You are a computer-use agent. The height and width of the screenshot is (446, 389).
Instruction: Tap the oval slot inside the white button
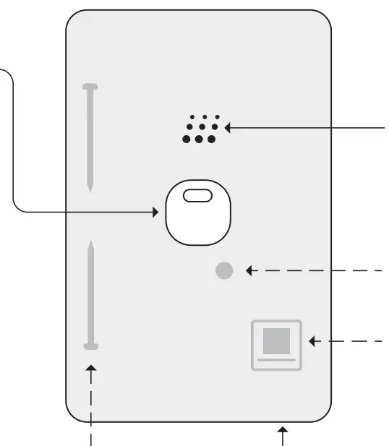[194, 196]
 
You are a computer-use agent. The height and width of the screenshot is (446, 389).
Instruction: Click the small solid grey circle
[225, 271]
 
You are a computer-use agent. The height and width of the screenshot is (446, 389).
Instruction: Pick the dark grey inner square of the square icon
[275, 340]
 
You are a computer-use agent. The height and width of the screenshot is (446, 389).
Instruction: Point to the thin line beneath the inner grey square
[275, 358]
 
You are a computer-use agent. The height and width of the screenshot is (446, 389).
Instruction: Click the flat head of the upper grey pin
[90, 87]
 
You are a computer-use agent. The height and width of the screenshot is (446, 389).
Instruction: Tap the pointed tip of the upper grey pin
[90, 189]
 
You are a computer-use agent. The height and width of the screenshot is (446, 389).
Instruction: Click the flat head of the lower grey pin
[90, 346]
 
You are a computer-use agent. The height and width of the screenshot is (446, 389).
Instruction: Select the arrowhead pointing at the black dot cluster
[228, 128]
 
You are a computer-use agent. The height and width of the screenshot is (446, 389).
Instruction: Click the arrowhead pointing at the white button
[155, 212]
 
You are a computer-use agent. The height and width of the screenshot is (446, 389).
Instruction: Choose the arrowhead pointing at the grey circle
[249, 271]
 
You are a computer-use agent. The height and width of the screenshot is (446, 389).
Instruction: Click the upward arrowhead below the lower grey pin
[90, 370]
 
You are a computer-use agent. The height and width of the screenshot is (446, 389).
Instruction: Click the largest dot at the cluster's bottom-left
[187, 139]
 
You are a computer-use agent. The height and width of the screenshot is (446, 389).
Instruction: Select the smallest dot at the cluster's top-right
[217, 116]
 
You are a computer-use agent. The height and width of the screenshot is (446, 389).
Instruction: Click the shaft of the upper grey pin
[90, 137]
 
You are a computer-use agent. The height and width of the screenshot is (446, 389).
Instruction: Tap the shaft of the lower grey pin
[90, 296]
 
